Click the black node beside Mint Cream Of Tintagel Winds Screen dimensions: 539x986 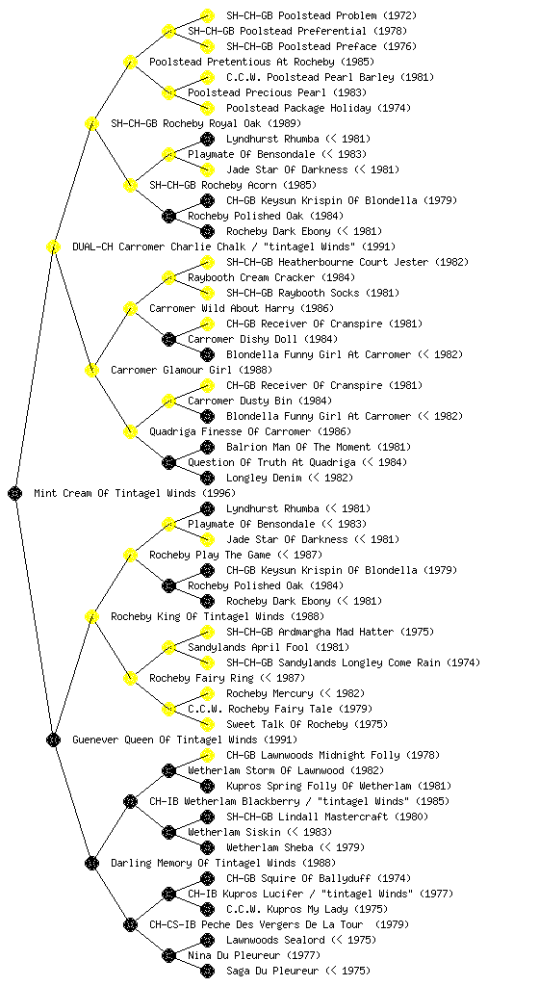[15, 493]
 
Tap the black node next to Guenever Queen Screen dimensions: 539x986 [53, 739]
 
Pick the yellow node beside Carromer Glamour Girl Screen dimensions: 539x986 [91, 370]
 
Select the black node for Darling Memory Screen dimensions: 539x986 [91, 863]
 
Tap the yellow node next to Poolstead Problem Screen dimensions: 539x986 [207, 15]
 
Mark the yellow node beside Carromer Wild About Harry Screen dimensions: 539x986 [130, 308]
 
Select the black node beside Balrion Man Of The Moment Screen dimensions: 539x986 [207, 447]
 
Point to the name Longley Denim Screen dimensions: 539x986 [264, 478]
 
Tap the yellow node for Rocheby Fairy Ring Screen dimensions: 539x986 [130, 678]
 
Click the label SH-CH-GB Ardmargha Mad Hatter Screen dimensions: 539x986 [310, 632]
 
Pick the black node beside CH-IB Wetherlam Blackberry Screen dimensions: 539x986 [130, 801]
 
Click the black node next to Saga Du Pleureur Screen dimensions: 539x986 [207, 971]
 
